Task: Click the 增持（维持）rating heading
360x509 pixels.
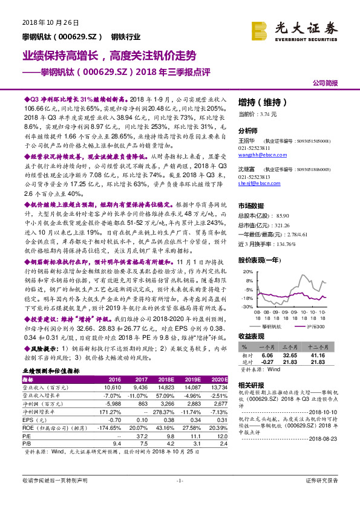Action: pyautogui.click(x=259, y=102)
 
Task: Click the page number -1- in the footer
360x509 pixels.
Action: pyautogui.click(x=180, y=497)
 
